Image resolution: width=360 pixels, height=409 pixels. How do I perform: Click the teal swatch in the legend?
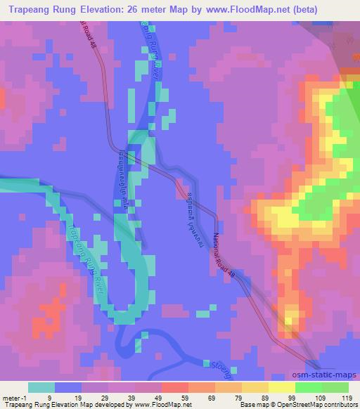point(42,387)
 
